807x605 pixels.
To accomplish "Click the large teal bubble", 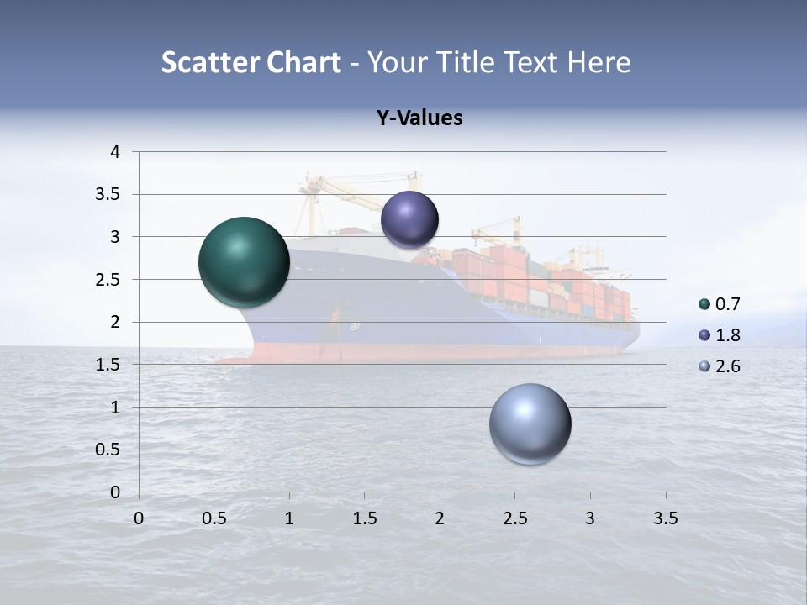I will point(244,262).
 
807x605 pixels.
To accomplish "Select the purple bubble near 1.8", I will point(409,219).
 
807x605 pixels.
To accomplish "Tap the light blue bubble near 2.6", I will point(530,423).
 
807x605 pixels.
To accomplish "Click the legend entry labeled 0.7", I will point(720,304).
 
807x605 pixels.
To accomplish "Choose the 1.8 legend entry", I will point(720,335).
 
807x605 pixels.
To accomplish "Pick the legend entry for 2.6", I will point(720,366).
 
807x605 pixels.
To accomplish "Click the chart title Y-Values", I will point(419,118).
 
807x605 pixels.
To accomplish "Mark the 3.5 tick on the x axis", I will point(665,518).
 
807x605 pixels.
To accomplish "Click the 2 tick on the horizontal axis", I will point(440,518).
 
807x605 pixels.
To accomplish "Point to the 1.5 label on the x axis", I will point(365,518).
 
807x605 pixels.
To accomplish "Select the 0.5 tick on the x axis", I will point(214,518).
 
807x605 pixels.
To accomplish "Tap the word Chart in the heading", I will point(304,62).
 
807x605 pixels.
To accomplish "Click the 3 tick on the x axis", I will point(590,518).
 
